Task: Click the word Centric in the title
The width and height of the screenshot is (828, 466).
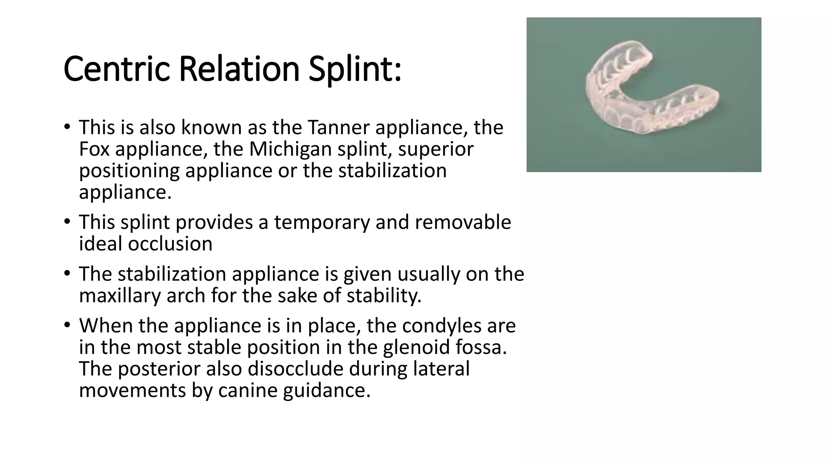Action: (x=116, y=69)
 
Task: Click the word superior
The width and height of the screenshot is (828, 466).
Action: (x=435, y=149)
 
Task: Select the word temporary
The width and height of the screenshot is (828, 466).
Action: (x=322, y=222)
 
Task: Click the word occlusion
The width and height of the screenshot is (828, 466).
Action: (x=170, y=244)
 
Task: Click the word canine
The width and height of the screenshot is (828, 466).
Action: (x=247, y=390)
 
